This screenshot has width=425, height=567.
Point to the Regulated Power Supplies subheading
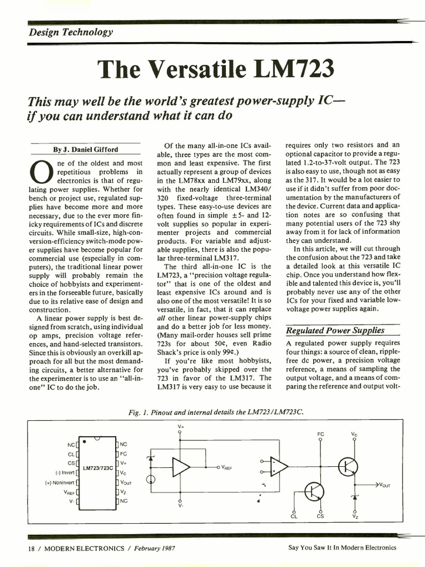[x=335, y=331]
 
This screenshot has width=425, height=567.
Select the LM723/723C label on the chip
[x=97, y=468]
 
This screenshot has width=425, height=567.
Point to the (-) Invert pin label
[x=65, y=473]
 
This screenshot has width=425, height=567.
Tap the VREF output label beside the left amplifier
[x=226, y=467]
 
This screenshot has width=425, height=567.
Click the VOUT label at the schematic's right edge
[x=383, y=485]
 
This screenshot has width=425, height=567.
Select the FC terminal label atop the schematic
[x=321, y=434]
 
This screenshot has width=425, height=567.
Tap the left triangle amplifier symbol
[x=180, y=467]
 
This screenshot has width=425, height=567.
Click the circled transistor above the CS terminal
[x=316, y=492]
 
